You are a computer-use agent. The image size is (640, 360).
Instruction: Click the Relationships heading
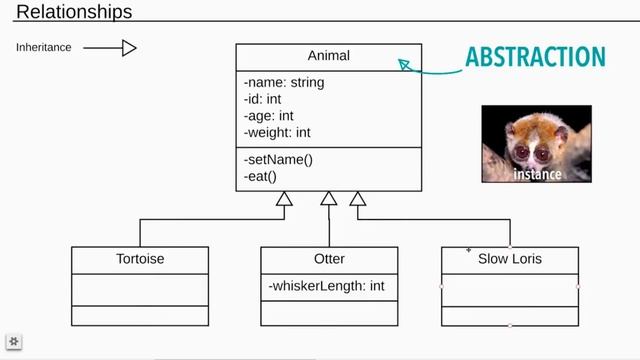74,13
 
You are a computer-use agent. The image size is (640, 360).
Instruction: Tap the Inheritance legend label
43,47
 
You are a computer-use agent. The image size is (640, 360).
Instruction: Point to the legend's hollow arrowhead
129,47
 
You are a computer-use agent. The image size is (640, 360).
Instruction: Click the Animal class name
329,56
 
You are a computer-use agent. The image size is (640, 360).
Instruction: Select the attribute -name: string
284,83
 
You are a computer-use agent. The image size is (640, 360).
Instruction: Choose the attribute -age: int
269,116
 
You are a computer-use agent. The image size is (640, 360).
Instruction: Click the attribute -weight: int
277,132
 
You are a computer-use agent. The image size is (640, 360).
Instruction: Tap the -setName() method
278,160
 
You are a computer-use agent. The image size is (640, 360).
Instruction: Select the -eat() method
260,176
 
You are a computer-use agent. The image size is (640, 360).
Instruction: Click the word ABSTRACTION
535,56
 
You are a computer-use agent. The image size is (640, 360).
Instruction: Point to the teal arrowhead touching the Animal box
404,65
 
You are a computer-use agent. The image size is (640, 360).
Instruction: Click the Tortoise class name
140,259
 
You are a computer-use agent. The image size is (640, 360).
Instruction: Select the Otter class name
329,259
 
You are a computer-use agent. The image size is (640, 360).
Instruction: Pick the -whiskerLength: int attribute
326,286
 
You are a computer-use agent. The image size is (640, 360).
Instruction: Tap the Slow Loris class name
510,259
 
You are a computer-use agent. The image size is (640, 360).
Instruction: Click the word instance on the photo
537,174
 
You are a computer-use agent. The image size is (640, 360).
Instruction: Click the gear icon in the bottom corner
15,342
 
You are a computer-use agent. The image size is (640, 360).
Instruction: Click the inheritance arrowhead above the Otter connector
329,198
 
